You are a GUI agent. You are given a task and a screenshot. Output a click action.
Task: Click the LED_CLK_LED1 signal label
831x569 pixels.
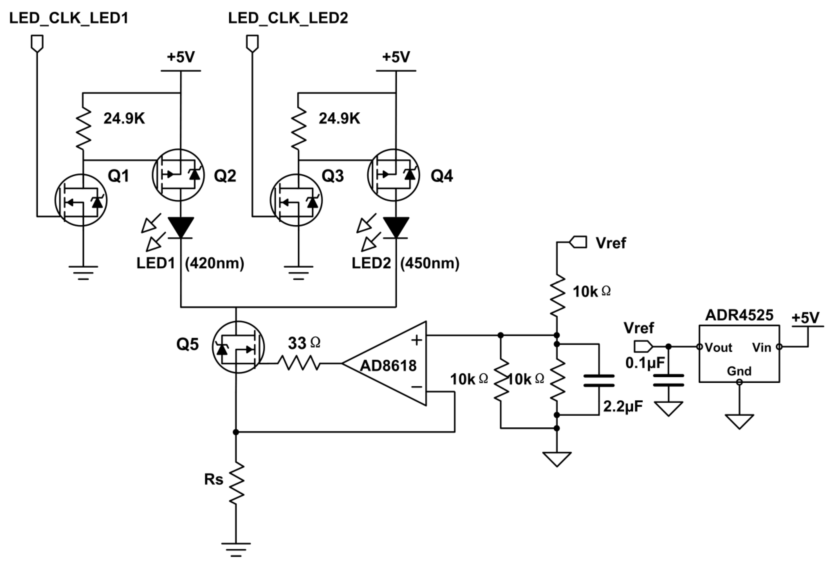pos(69,18)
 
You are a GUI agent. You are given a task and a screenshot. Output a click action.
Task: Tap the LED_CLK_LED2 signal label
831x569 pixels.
pos(288,18)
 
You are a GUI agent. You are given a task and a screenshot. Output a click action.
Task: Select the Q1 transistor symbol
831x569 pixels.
pos(81,200)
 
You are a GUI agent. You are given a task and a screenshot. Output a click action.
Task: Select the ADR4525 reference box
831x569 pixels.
pos(739,354)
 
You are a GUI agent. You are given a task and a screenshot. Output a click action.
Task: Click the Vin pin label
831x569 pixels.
pos(761,347)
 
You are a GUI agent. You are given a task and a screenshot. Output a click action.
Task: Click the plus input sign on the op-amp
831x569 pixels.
pos(416,340)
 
